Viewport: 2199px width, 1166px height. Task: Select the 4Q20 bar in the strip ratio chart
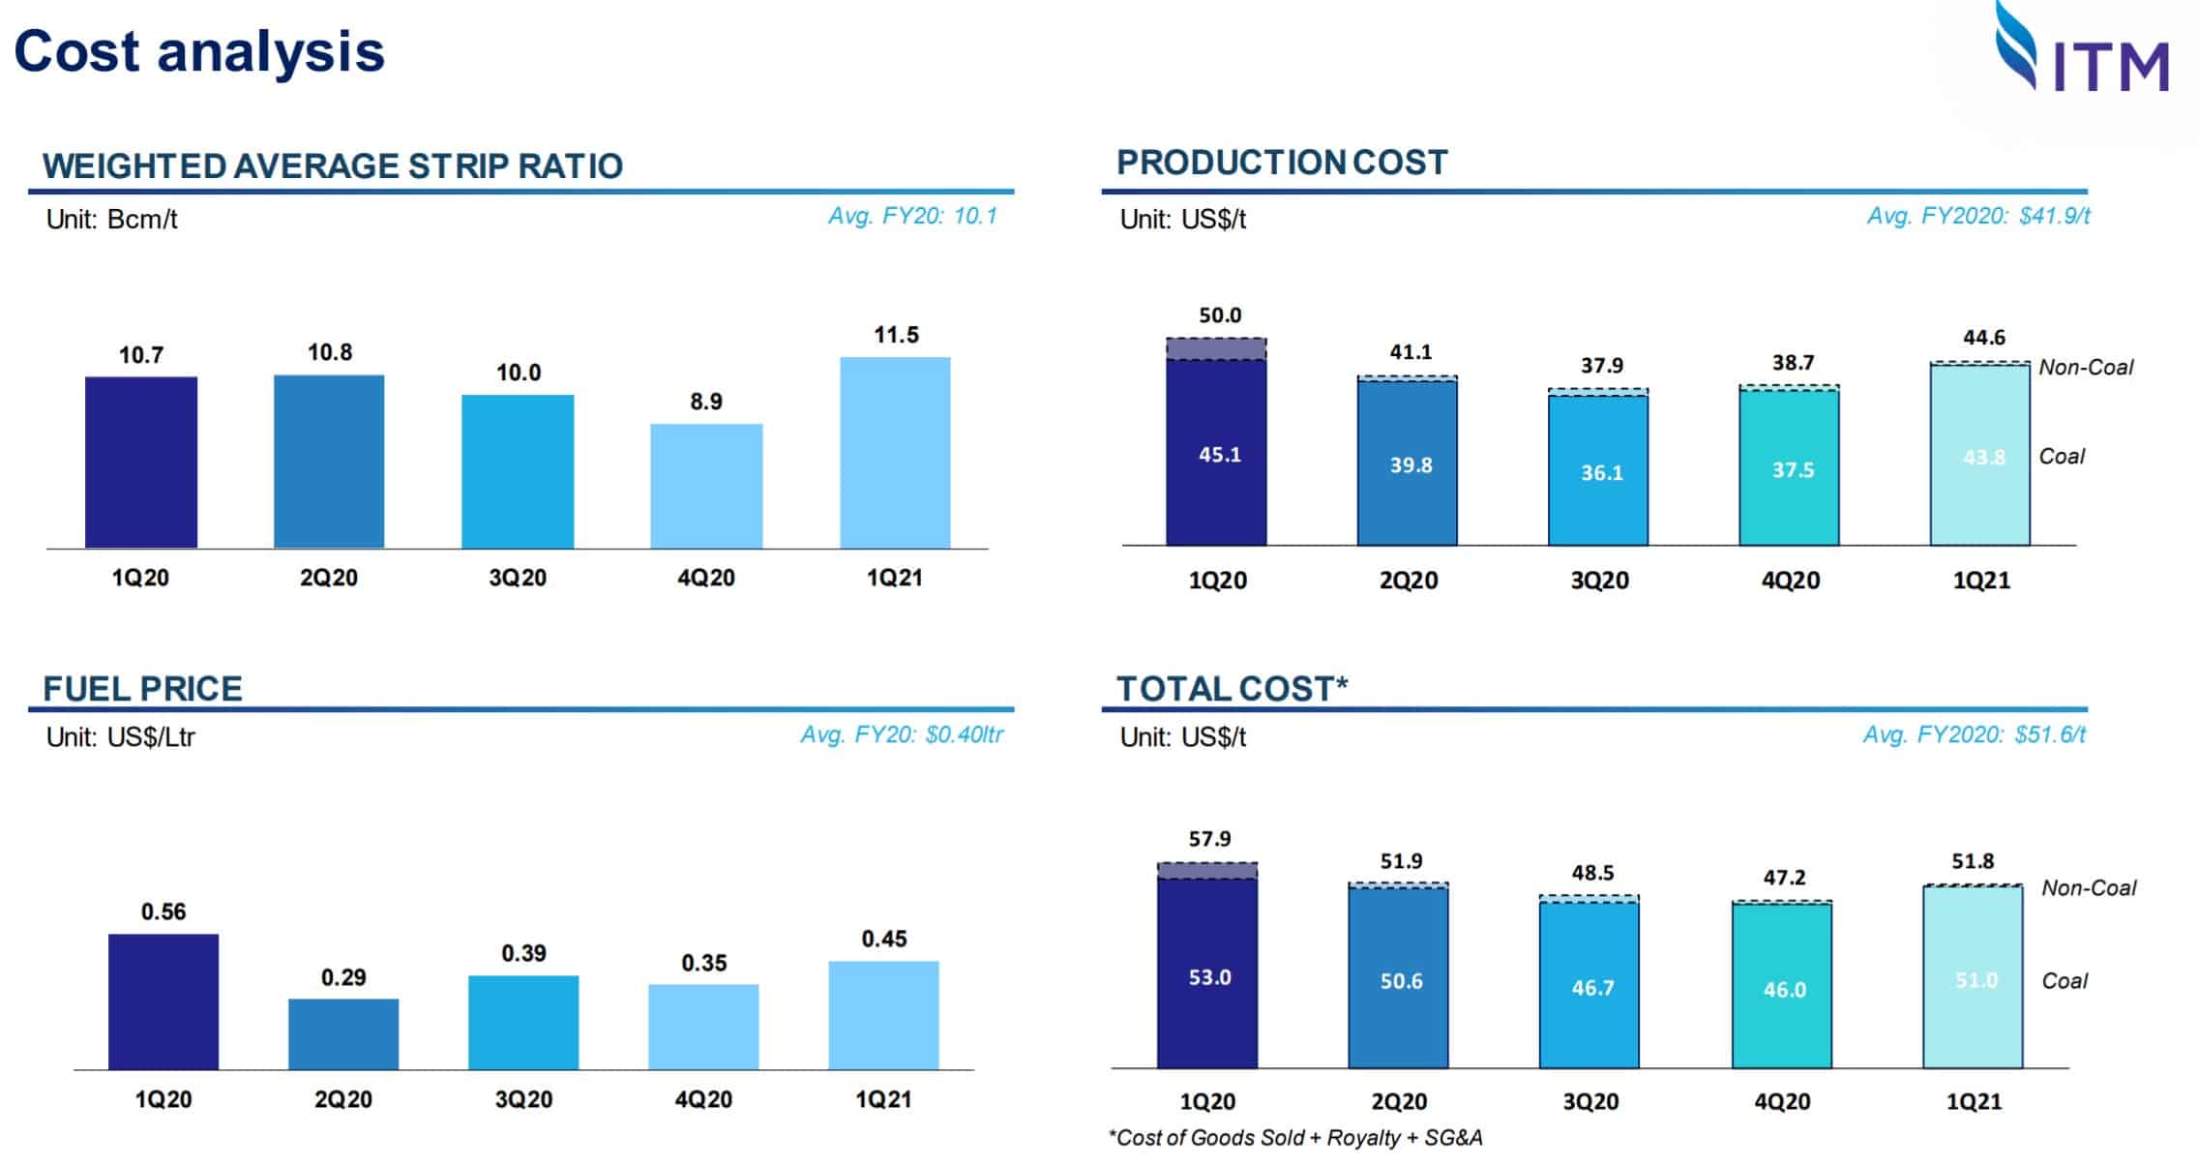pos(706,485)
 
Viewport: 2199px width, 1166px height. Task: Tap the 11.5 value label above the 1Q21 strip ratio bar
pos(896,335)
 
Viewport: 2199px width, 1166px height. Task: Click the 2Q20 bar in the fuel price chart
pos(343,1033)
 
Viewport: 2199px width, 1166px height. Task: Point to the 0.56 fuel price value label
pos(163,912)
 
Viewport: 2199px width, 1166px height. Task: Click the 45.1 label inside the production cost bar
pos(1219,455)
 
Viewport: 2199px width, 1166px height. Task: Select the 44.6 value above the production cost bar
pos(1983,338)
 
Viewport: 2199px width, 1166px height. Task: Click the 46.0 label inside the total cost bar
pos(1784,990)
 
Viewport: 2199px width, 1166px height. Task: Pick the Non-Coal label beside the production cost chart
pos(2085,368)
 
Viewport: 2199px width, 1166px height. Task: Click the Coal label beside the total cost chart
pos(2064,981)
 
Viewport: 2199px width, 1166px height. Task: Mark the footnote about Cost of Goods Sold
pos(1294,1138)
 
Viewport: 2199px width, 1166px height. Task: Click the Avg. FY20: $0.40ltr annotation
pos(901,735)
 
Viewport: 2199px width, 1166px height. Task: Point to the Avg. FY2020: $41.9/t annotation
pos(1977,216)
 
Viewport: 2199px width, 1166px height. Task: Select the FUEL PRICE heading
pos(142,689)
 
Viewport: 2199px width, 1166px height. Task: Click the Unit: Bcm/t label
pos(111,220)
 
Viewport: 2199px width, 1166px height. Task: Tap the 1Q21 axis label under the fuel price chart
pos(883,1099)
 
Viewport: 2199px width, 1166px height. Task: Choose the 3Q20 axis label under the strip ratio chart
pos(518,578)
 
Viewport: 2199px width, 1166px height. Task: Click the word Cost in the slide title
pos(77,51)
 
